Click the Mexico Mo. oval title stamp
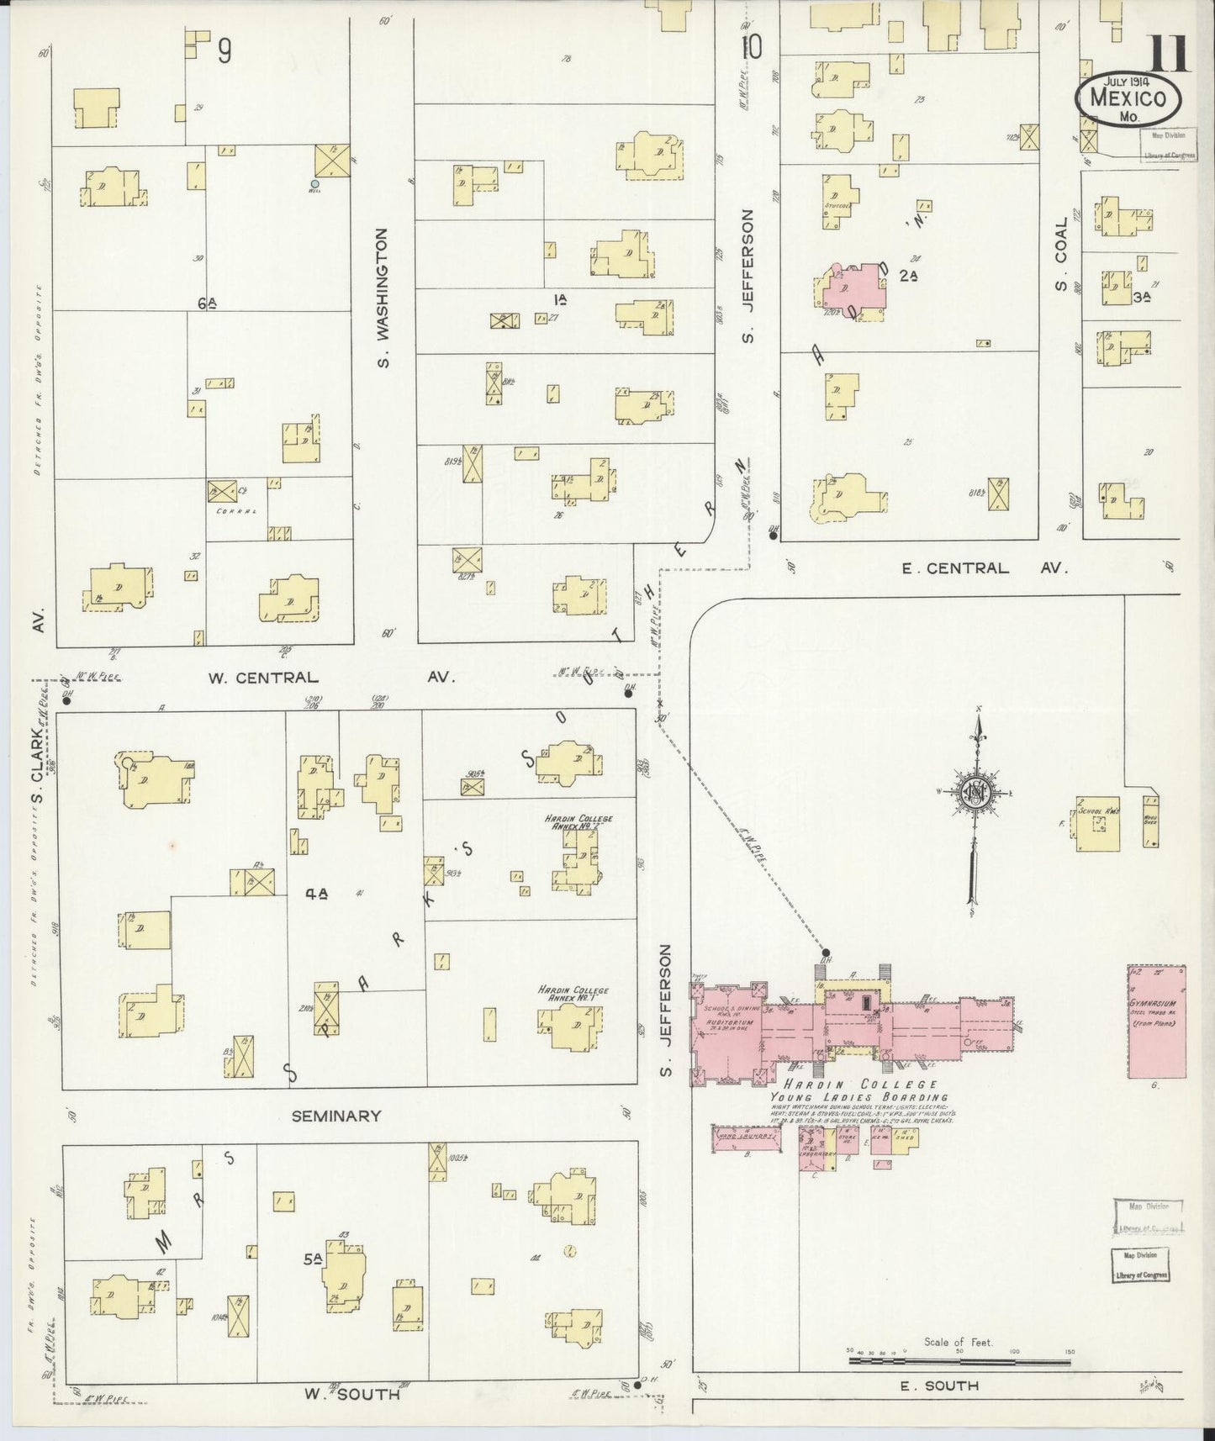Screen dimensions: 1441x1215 click(1128, 98)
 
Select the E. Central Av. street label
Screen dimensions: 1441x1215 click(984, 568)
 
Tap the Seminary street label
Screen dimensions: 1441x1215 click(336, 1116)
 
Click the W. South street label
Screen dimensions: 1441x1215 click(351, 1394)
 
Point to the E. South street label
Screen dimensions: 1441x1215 click(939, 1386)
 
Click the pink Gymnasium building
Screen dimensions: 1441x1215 click(1156, 1021)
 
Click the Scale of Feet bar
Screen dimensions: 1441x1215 click(957, 1355)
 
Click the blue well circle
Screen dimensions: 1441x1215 click(314, 183)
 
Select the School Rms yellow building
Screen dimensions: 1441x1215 click(1097, 823)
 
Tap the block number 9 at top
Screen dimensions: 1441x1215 click(224, 52)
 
